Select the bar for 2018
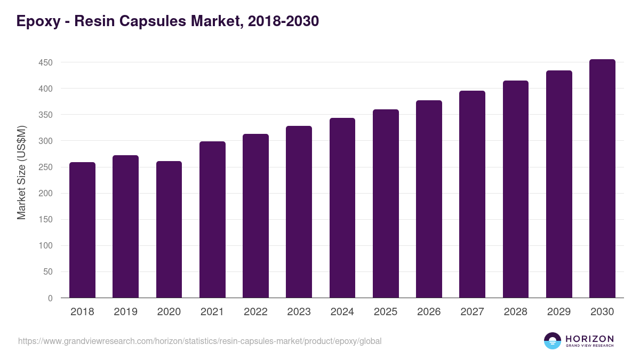point(82,230)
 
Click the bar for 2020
point(169,229)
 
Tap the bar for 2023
point(299,212)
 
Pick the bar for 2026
point(429,199)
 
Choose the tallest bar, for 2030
point(602,179)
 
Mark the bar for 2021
point(212,220)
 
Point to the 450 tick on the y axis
point(45,62)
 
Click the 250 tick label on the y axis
point(45,167)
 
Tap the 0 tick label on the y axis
point(50,298)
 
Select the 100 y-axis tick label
point(45,246)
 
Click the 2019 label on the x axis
point(125,312)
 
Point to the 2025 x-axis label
point(386,312)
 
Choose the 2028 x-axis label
point(516,312)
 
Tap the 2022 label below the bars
point(255,312)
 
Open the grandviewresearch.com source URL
point(199,341)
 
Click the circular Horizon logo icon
point(553,341)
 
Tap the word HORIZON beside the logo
point(589,339)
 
